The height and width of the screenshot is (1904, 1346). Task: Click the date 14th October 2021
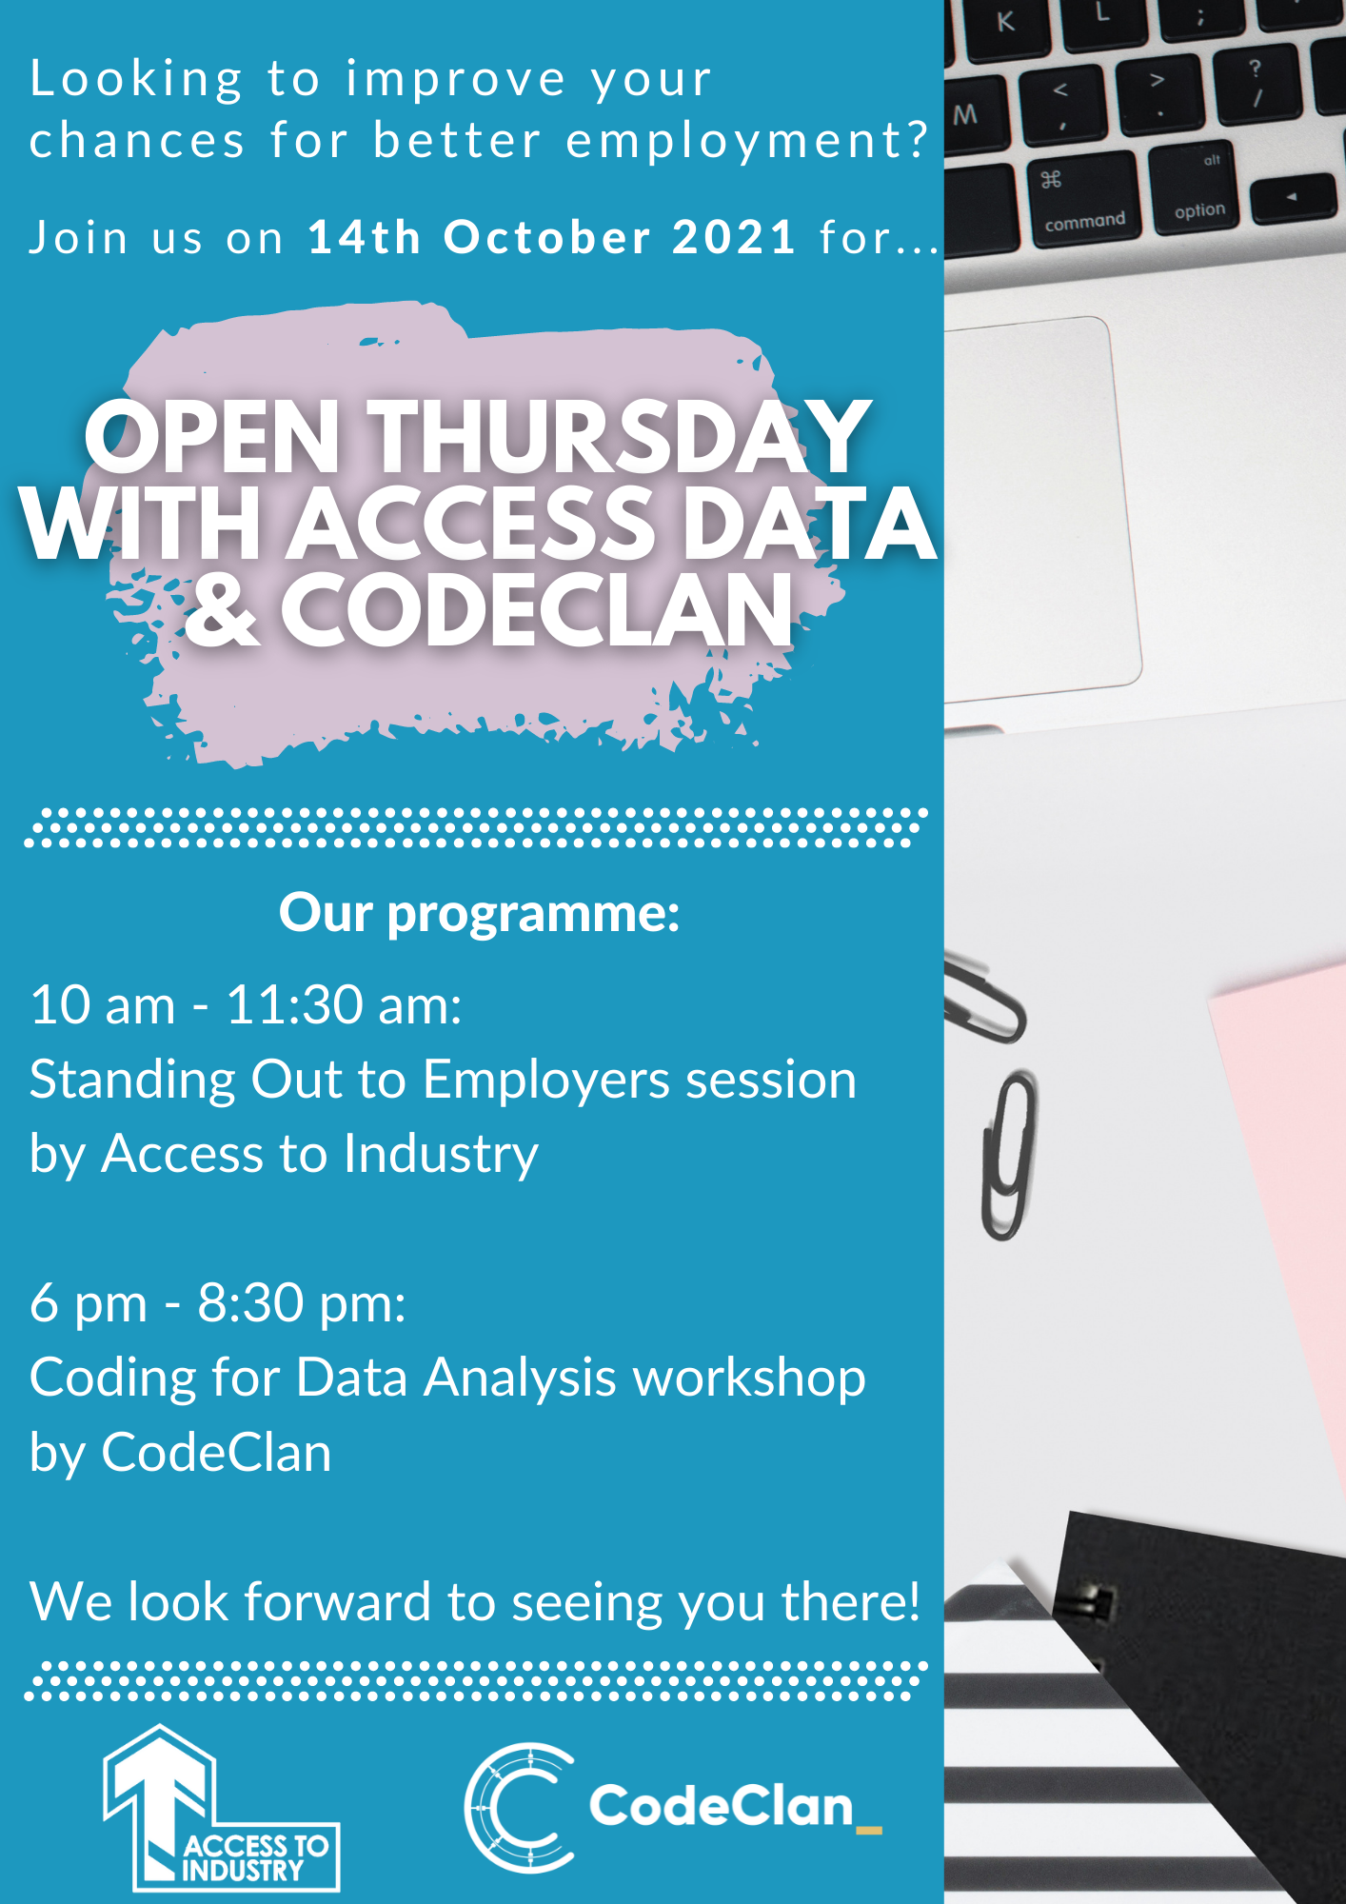pos(552,237)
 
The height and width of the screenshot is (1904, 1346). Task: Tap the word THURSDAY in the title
pos(619,437)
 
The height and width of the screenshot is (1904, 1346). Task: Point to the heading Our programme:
pos(480,914)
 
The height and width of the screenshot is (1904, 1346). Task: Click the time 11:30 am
pos(345,1005)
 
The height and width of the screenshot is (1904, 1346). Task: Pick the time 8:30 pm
pos(302,1303)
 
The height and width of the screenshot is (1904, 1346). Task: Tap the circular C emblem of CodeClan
pos(520,1807)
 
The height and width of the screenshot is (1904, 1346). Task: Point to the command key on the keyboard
pos(1083,197)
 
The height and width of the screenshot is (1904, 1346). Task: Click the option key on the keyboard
pos(1197,187)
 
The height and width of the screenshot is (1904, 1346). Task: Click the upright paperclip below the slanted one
pos(1008,1155)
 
